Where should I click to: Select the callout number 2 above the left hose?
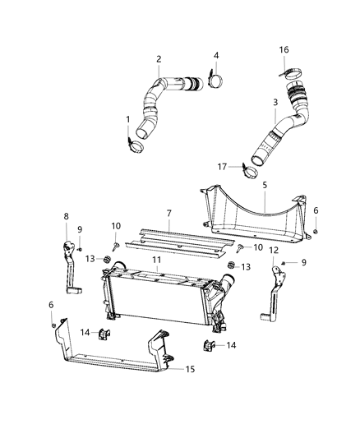[x=159, y=58]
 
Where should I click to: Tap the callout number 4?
[x=216, y=56]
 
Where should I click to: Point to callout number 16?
[x=284, y=49]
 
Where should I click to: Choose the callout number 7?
[x=168, y=213]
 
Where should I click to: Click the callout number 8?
[x=67, y=216]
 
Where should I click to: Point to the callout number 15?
[x=190, y=370]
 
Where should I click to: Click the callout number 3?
[x=277, y=104]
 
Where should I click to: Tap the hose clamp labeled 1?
[x=136, y=147]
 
